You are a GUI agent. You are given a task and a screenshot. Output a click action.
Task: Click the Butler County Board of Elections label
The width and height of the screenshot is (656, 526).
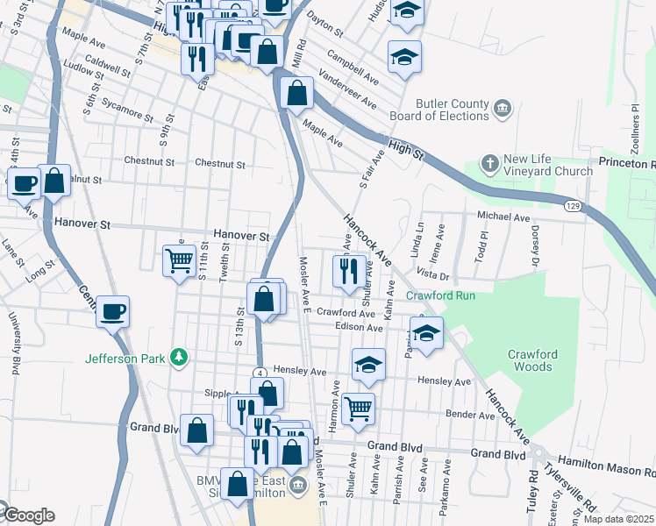(439, 110)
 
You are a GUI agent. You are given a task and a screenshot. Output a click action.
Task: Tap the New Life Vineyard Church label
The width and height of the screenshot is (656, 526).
(549, 165)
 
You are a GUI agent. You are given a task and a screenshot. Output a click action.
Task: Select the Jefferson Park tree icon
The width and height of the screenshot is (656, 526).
(179, 357)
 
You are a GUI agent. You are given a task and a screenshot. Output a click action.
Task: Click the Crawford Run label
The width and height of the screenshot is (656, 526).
(440, 296)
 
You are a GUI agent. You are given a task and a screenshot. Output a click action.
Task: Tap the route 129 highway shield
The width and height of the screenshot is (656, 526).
(572, 204)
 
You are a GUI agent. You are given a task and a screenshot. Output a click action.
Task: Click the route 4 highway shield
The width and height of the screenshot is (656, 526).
(261, 373)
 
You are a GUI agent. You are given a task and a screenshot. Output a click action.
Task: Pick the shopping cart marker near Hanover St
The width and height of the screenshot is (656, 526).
(180, 259)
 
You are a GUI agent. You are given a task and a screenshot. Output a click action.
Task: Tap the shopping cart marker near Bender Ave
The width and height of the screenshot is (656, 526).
(358, 408)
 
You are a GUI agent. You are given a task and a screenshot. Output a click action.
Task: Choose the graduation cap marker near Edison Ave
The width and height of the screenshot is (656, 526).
(426, 333)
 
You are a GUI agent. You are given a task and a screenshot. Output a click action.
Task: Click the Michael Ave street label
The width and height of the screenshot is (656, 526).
(503, 216)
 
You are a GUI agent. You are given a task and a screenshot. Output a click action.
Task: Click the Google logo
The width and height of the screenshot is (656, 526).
(28, 515)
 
